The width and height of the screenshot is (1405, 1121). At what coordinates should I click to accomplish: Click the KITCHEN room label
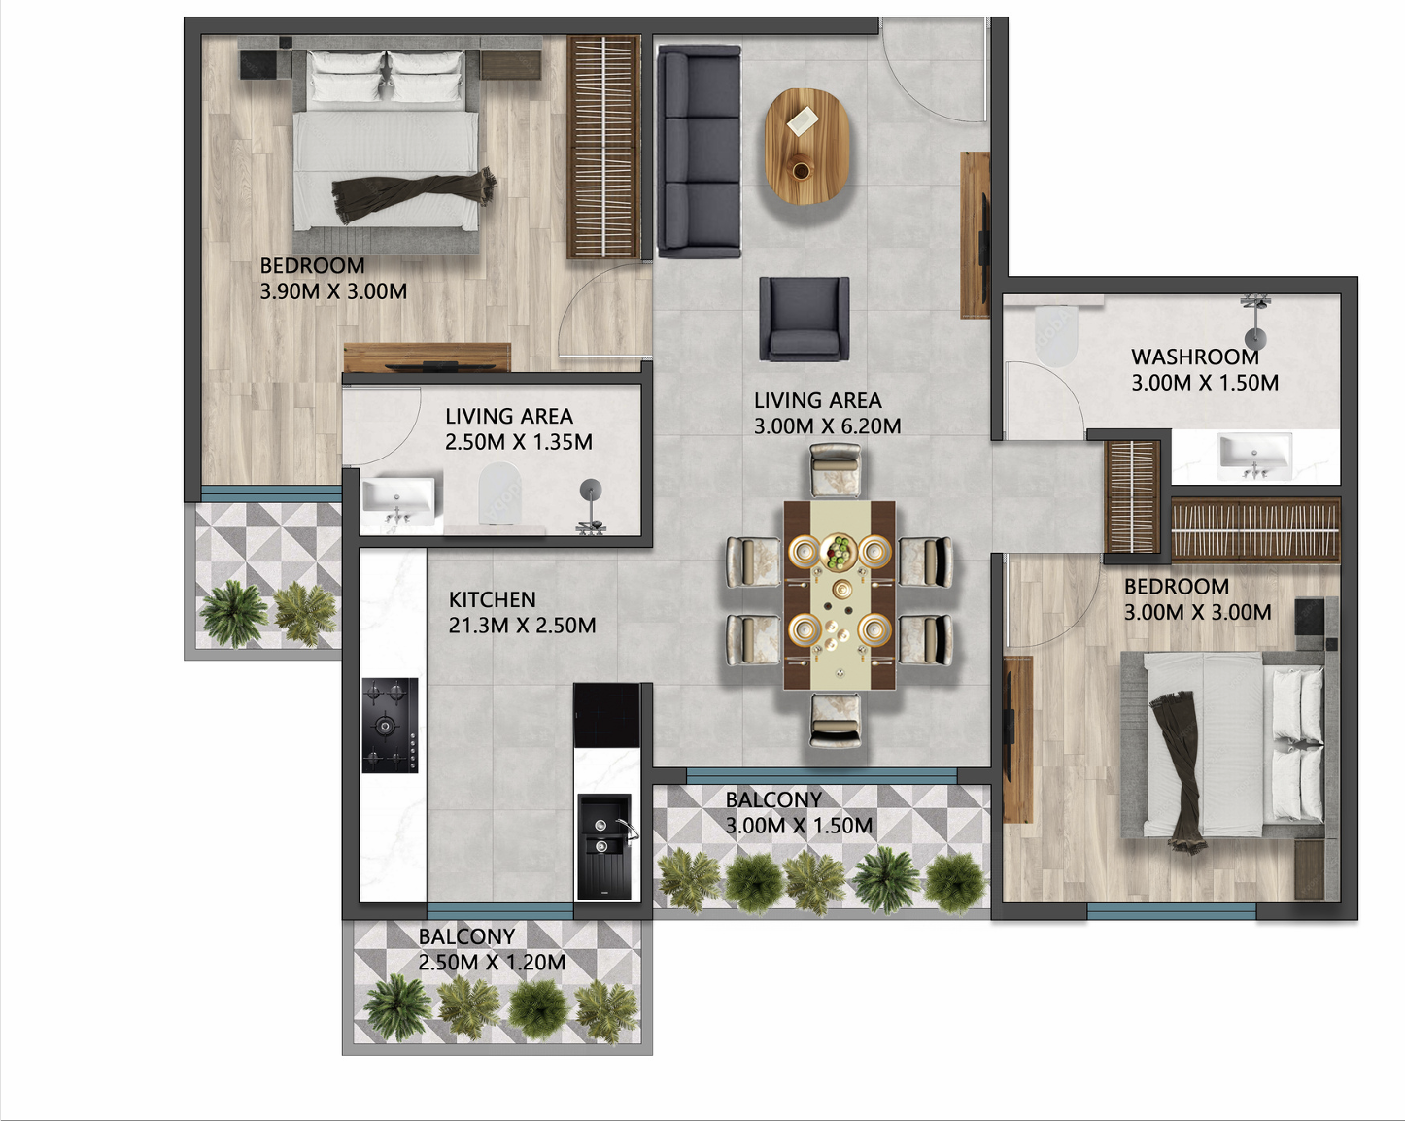[x=492, y=599]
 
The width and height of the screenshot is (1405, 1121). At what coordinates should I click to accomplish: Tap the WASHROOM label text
[x=1194, y=357]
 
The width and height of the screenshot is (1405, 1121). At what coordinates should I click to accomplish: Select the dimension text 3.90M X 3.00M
[x=333, y=291]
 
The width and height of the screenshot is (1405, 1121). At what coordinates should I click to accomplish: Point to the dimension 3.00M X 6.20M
[x=827, y=425]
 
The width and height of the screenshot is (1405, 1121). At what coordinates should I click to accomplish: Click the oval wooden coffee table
[x=806, y=146]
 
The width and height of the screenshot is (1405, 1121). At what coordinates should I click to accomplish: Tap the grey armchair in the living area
[x=804, y=319]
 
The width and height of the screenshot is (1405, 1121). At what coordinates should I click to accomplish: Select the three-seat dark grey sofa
[x=699, y=152]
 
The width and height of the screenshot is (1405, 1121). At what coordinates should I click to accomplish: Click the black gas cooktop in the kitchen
[x=390, y=725]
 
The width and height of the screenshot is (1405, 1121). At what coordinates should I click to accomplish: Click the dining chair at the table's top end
[x=836, y=469]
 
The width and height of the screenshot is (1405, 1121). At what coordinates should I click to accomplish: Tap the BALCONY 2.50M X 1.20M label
[x=491, y=949]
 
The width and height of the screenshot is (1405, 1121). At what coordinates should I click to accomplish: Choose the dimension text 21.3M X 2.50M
[x=522, y=626]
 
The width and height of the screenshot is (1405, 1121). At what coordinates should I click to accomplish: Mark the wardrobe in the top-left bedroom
[x=603, y=147]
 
